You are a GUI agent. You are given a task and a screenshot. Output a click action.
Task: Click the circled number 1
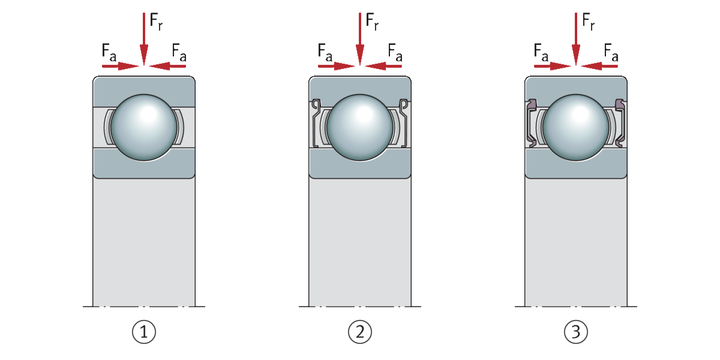click(x=144, y=332)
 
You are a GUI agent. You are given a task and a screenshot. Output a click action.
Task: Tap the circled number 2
click(x=360, y=332)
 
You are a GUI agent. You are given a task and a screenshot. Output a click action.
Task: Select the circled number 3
click(x=576, y=332)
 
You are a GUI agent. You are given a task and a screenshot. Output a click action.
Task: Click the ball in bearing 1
click(x=144, y=127)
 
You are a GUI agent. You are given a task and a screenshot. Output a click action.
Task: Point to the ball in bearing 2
click(x=360, y=127)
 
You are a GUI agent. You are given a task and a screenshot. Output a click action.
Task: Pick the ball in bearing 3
click(x=576, y=127)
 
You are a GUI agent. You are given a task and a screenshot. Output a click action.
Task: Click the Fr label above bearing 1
click(x=156, y=21)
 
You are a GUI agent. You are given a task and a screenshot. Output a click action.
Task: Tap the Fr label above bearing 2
click(x=372, y=21)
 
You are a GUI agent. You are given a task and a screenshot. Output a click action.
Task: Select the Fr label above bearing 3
click(x=588, y=21)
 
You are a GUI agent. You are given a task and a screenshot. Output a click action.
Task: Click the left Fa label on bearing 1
click(x=109, y=52)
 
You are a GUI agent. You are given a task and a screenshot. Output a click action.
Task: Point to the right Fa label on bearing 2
click(x=395, y=52)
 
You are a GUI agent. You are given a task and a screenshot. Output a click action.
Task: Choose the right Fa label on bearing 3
click(x=611, y=52)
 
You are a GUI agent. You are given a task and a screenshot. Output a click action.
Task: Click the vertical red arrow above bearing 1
click(x=144, y=38)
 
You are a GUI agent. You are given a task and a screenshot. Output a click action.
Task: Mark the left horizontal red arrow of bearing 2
click(x=336, y=66)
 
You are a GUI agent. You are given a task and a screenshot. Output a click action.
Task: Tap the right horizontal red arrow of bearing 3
click(x=599, y=66)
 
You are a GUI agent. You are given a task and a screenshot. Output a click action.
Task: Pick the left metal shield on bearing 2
click(x=315, y=124)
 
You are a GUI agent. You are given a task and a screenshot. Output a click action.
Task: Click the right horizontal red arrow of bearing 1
click(x=167, y=66)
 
